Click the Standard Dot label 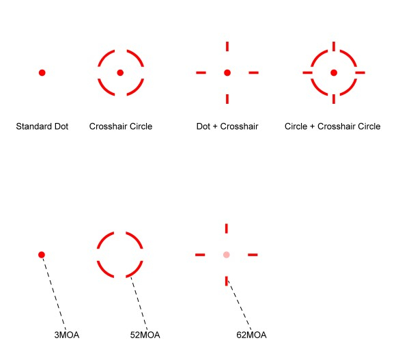[x=42, y=126]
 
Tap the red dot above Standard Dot [x=42, y=72]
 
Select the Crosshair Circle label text [x=121, y=126]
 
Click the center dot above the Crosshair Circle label [x=120, y=72]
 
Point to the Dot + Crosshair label [x=227, y=126]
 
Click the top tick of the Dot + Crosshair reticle [x=227, y=46]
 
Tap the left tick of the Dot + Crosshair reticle [x=201, y=72]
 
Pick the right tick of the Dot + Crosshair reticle [x=253, y=72]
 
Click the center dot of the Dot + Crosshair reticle [x=227, y=72]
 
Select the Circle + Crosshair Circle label [x=332, y=126]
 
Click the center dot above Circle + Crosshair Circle [x=334, y=72]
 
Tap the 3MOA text [x=67, y=335]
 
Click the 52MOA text [x=145, y=335]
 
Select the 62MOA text [x=251, y=335]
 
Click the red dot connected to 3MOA [x=42, y=255]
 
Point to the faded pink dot [x=227, y=255]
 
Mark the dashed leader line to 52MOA [x=139, y=303]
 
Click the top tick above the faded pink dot [x=227, y=228]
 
